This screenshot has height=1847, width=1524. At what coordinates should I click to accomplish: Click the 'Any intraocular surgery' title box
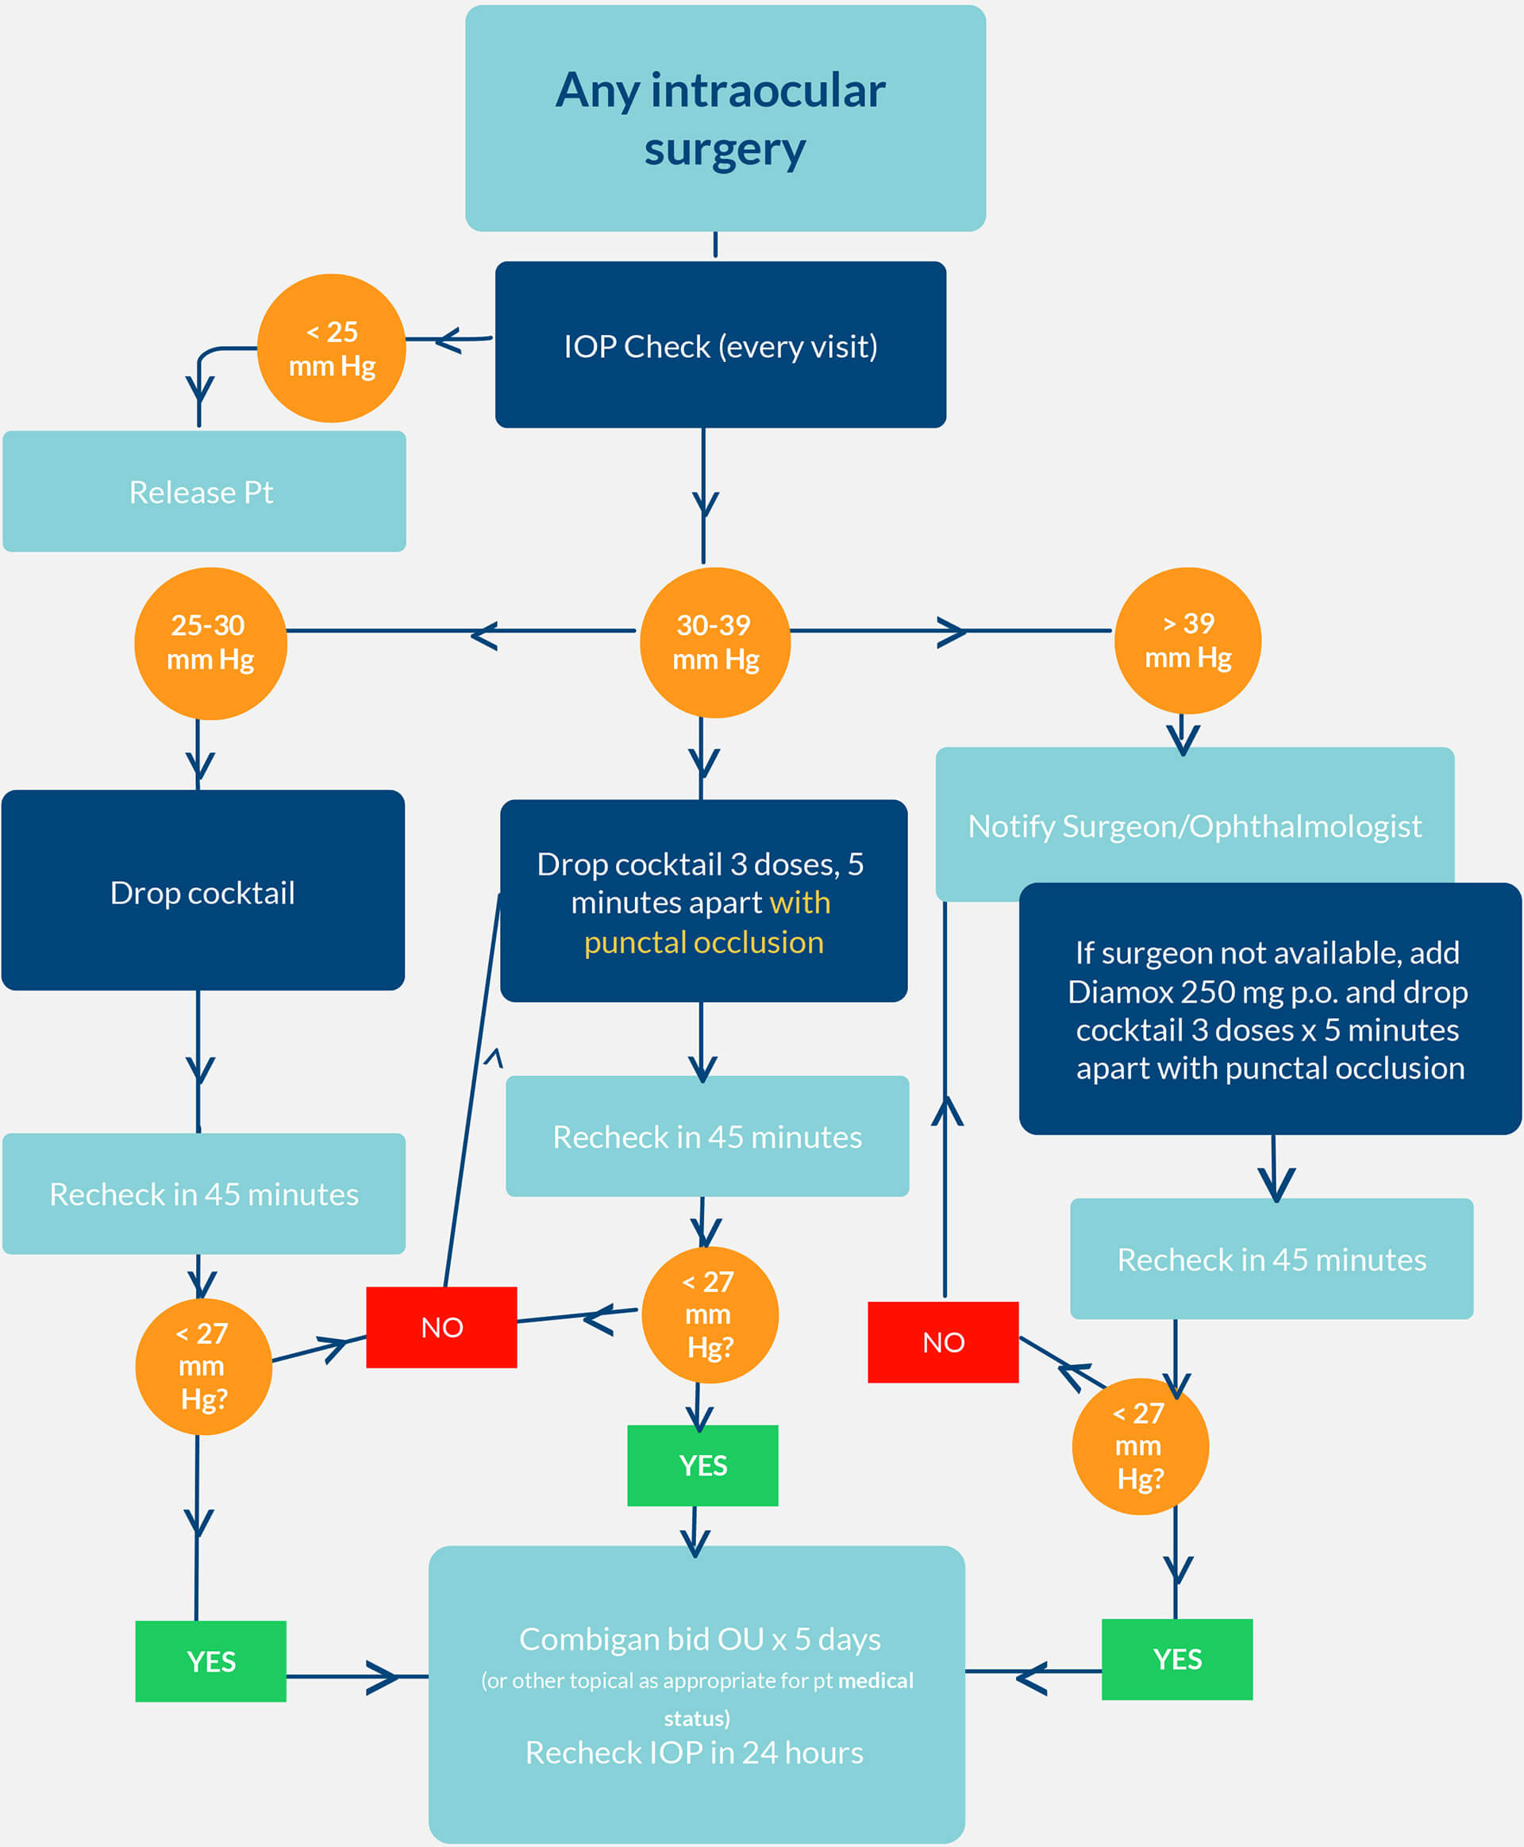[725, 118]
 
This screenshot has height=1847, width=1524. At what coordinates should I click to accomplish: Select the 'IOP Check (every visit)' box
[720, 345]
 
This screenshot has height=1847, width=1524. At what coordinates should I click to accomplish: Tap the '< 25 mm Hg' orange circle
[332, 348]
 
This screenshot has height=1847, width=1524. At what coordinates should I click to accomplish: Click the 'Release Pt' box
[204, 491]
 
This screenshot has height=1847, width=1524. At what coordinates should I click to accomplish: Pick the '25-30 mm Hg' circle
[210, 643]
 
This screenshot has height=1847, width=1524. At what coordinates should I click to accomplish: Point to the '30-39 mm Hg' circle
[715, 643]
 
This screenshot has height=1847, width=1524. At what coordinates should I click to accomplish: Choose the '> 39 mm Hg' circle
[1187, 641]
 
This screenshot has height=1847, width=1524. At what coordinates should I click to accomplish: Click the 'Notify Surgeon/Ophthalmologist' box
[1194, 825]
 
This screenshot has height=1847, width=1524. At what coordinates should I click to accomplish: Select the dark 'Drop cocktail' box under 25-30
[202, 891]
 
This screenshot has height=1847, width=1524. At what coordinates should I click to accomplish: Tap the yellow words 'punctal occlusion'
[704, 942]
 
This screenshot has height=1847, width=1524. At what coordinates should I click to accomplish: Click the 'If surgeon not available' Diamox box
[1269, 1010]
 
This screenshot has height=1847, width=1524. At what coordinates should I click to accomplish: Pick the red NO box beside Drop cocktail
[441, 1326]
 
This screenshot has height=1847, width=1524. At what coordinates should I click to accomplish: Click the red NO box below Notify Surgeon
[943, 1341]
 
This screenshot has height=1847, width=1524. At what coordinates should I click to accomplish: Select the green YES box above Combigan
[702, 1464]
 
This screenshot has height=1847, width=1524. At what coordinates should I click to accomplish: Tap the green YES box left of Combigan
[210, 1661]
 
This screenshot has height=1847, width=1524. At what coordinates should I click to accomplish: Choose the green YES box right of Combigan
[1176, 1659]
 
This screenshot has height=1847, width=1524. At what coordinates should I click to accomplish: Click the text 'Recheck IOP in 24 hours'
[695, 1753]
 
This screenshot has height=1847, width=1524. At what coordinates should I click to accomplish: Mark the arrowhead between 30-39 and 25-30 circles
[483, 636]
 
